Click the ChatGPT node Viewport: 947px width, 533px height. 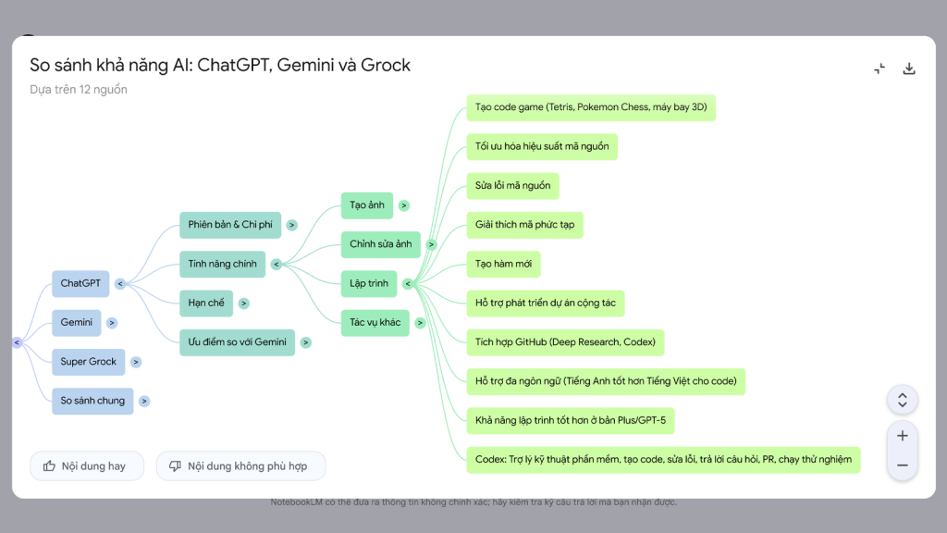[80, 283]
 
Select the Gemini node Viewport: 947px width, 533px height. [77, 323]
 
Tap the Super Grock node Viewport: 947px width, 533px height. [89, 362]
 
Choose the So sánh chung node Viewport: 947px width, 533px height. [92, 401]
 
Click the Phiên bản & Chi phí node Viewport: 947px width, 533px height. [230, 225]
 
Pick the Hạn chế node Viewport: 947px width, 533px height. [205, 303]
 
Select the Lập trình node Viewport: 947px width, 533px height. [369, 284]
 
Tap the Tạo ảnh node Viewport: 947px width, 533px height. [367, 205]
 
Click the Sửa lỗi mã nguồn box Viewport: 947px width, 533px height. [512, 186]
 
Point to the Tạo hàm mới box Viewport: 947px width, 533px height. [503, 265]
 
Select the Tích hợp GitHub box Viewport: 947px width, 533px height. [565, 342]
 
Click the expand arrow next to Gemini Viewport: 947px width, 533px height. [112, 323]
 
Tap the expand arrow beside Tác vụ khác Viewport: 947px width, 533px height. [420, 323]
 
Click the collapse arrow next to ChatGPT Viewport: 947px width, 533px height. [120, 284]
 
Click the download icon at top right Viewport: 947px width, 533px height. [909, 68]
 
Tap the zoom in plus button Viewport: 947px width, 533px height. [903, 436]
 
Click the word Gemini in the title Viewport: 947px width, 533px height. [309, 66]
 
